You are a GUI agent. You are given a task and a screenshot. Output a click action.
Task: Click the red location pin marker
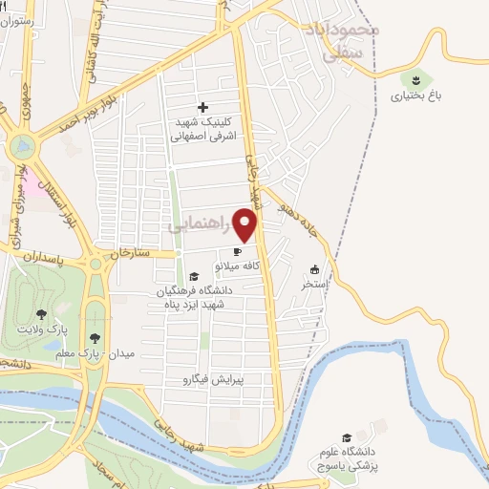coord(246,225)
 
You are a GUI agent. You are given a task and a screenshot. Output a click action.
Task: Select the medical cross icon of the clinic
coord(202,107)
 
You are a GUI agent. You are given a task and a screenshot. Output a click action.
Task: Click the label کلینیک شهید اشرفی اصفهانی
coord(202,129)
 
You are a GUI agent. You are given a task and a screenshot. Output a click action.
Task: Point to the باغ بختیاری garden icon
coord(417,79)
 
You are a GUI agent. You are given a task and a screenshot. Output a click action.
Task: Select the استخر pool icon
coord(314,269)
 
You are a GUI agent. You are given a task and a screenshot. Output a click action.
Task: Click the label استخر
coord(314,284)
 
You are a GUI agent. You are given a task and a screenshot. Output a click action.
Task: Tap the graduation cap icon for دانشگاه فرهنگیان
coord(194,276)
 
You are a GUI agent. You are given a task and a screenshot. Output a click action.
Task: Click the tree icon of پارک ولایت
coord(41,313)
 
